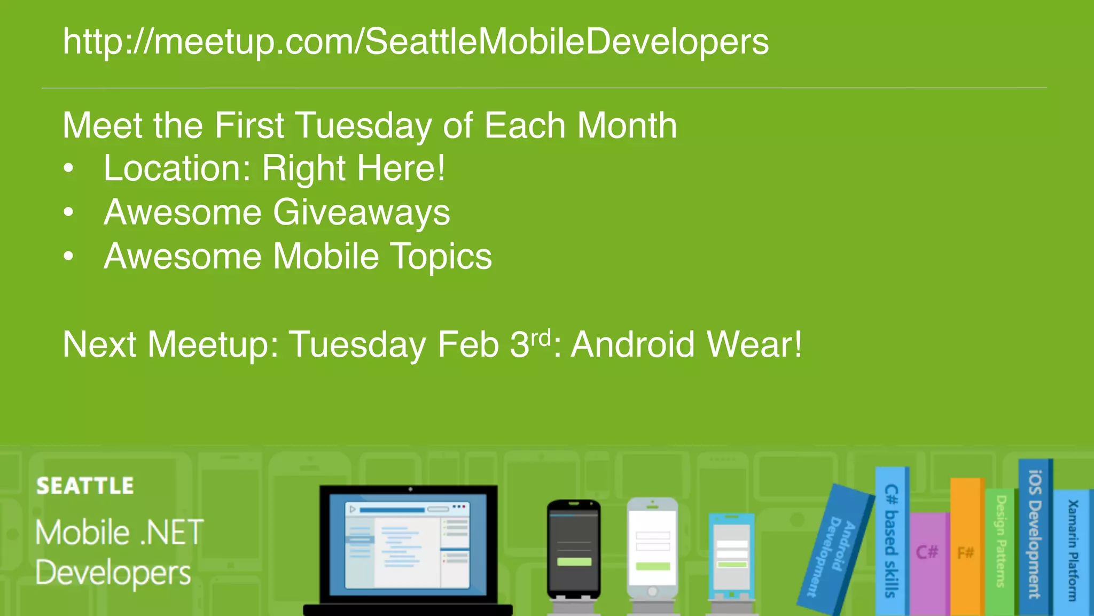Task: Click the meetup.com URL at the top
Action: pos(416,42)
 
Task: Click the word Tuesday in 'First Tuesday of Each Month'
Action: pos(363,126)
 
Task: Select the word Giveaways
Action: pos(362,213)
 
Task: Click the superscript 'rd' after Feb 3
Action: pos(540,338)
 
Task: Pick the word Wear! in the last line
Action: pos(754,344)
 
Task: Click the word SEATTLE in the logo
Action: pos(85,486)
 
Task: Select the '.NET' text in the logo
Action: pos(171,533)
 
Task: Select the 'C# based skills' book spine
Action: pos(891,540)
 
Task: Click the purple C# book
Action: pos(928,561)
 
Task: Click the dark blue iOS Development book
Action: pos(1035,535)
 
